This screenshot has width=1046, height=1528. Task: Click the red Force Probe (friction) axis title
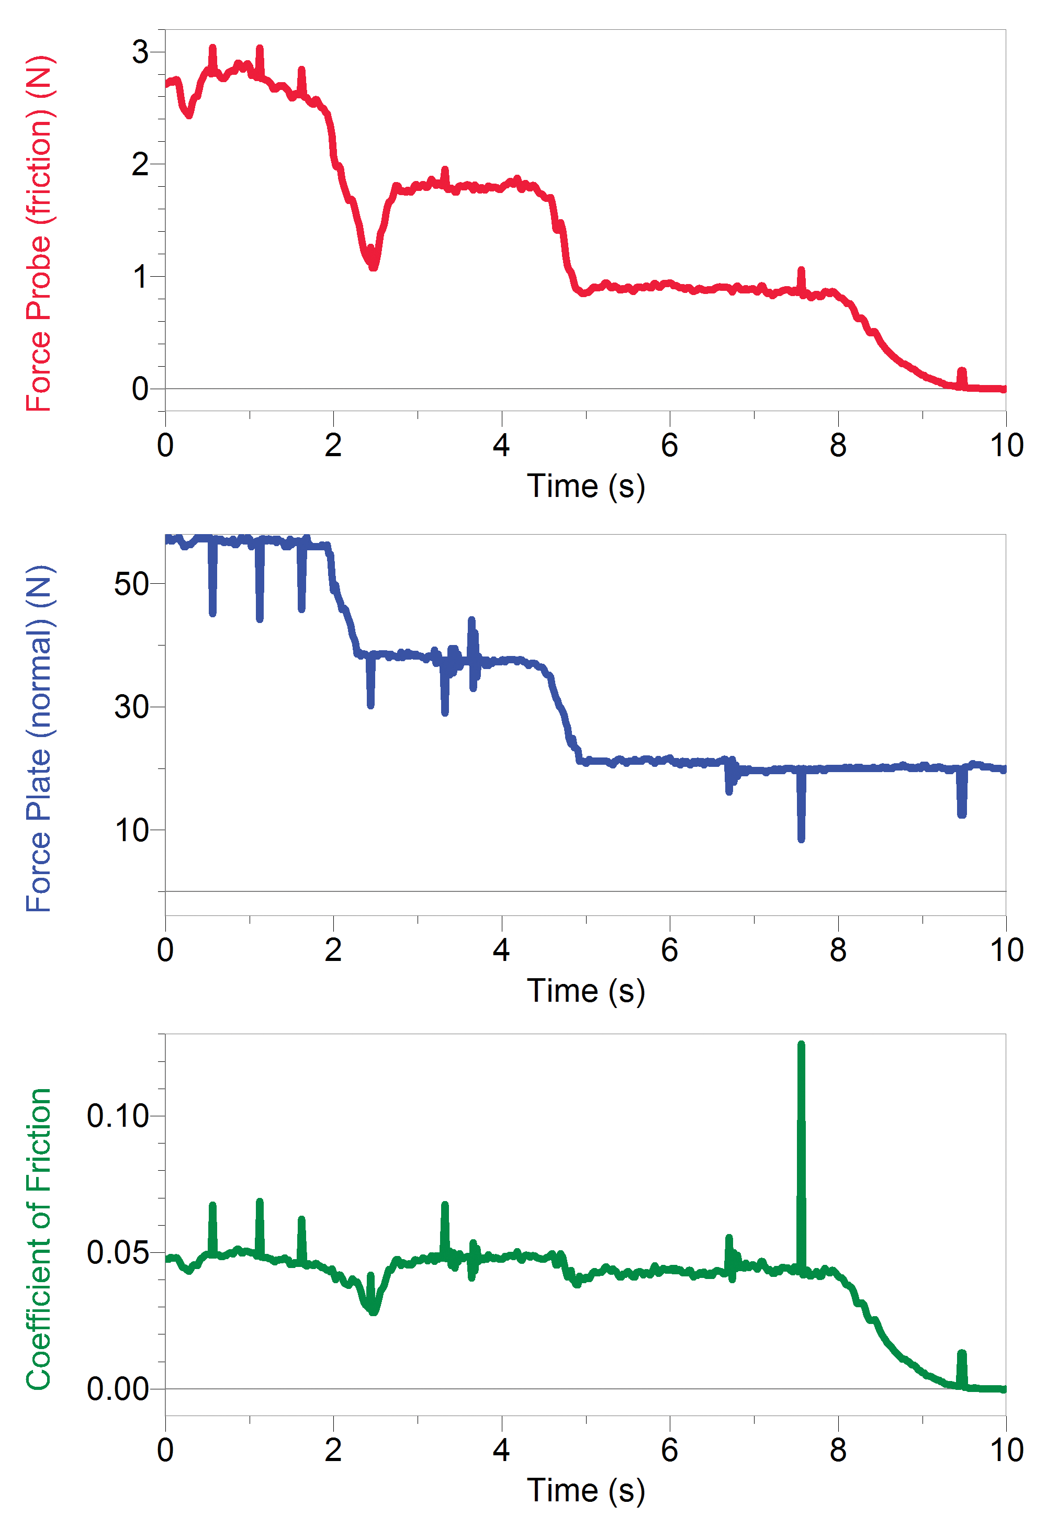click(38, 234)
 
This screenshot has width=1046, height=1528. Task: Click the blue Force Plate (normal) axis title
click(38, 738)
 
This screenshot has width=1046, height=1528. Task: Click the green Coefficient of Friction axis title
click(38, 1239)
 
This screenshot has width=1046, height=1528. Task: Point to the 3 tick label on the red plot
click(140, 52)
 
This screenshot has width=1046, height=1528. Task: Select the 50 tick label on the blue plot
click(131, 584)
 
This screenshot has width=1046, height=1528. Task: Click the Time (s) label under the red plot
click(586, 487)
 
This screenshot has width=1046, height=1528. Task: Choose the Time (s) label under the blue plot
click(586, 991)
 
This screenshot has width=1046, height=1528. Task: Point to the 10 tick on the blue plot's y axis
click(131, 830)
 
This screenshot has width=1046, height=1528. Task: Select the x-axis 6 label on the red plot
click(670, 446)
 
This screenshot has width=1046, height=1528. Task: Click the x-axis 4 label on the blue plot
click(501, 950)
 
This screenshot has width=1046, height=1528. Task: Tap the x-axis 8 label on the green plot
click(837, 1451)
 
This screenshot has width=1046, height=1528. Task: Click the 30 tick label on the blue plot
click(131, 707)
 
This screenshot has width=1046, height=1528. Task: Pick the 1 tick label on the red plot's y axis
click(140, 277)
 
